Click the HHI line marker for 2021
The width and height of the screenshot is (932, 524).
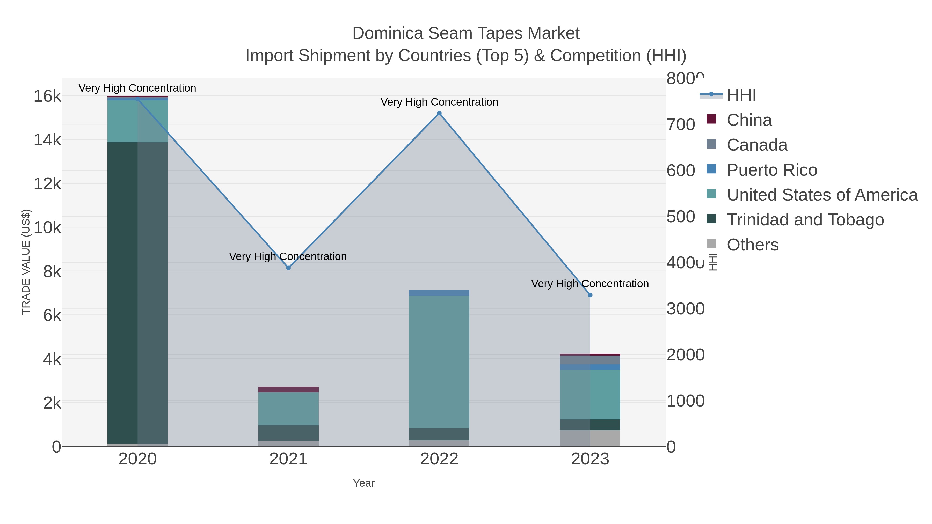288,268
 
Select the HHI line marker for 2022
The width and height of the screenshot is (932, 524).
439,113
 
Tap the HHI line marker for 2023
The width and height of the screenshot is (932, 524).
590,295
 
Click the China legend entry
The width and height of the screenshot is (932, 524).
749,120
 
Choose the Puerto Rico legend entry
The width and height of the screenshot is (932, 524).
772,170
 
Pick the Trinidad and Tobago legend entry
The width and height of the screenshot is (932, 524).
805,220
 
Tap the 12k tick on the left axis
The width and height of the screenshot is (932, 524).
47,184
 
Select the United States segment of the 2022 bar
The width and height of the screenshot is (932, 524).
439,362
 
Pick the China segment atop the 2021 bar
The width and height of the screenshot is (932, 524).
288,389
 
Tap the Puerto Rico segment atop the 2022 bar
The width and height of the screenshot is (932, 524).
439,293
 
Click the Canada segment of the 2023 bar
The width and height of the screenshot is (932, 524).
590,360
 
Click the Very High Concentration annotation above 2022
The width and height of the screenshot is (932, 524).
439,102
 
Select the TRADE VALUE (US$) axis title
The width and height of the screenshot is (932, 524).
26,262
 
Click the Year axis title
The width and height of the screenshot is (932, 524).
364,483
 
